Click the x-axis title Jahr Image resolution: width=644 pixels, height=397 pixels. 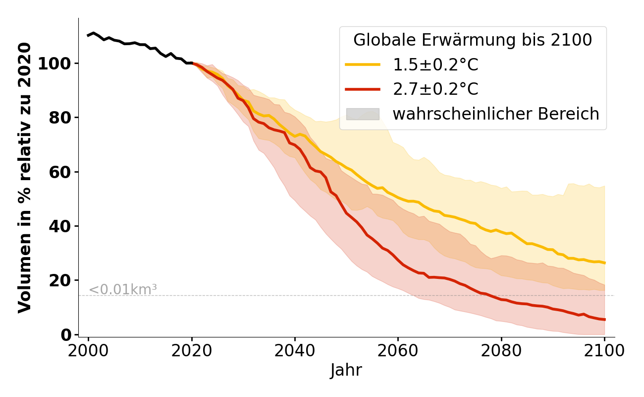tap(346, 371)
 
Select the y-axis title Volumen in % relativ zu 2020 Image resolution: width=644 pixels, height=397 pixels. tap(25, 177)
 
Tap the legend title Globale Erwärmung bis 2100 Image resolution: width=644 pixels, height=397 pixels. tap(473, 40)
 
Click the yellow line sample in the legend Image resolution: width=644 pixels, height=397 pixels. tap(363, 65)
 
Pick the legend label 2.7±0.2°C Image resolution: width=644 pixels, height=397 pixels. tap(435, 89)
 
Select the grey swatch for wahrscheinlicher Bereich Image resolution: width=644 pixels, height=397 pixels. tap(363, 114)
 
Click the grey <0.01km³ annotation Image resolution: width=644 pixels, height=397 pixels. tap(123, 289)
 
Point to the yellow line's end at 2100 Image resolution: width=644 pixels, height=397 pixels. tap(604, 263)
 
